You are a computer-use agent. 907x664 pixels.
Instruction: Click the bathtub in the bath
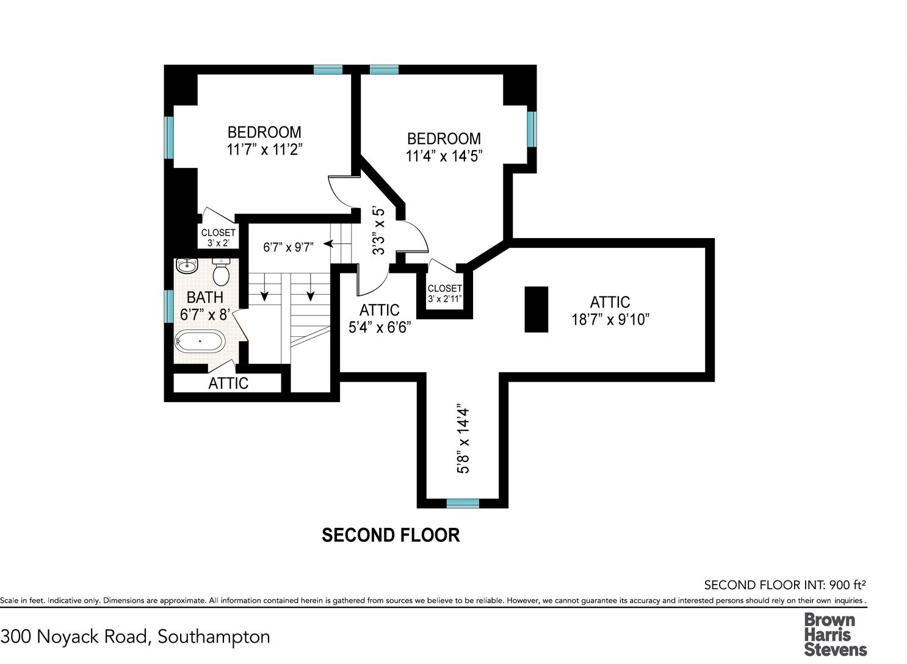coord(200,341)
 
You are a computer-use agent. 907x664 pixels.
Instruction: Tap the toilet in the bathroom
coord(221,272)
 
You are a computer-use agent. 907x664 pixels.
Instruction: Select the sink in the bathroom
coord(187,266)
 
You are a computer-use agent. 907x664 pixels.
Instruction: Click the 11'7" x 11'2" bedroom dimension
coord(264,150)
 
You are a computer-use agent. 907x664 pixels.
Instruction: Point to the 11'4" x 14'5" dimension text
coord(444,156)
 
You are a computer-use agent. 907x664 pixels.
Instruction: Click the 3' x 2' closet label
coord(218,237)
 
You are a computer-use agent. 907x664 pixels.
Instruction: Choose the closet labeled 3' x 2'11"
coord(445,294)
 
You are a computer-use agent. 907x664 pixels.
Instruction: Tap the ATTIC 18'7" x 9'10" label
coord(610,311)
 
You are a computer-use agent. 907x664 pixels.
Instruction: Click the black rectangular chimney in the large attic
coord(537,309)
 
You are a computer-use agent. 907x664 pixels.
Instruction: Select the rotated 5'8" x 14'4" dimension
coord(464,439)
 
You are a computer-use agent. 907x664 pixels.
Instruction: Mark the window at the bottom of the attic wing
coord(463,503)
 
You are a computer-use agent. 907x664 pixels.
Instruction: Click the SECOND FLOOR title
coord(391,535)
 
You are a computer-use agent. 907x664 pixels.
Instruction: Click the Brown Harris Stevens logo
coord(835,635)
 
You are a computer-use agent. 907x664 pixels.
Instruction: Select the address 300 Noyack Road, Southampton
coord(136,637)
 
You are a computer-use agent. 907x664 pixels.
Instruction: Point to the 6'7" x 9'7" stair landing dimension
coord(288,247)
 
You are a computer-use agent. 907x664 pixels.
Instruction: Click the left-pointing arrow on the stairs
coord(328,244)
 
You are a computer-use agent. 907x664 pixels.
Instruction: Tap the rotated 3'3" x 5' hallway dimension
coord(379,231)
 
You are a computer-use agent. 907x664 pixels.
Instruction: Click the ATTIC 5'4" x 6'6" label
coord(379,319)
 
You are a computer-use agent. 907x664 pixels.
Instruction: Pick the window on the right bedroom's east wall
coord(532,129)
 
